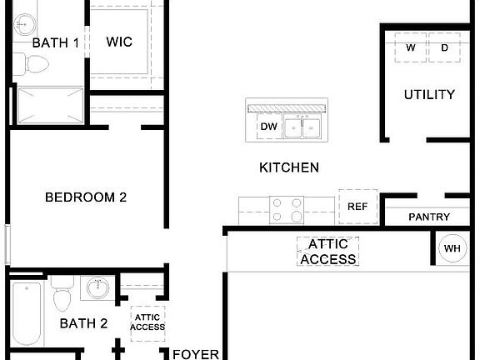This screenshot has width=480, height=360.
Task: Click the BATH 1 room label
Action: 55,42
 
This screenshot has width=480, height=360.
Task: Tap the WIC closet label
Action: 119,42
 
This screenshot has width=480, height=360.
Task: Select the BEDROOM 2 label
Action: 86,197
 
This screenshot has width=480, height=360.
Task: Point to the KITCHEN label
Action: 289,167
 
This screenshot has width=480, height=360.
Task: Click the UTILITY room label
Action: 429,95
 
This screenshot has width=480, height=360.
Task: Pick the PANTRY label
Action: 429,217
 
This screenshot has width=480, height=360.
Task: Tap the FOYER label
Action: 196,354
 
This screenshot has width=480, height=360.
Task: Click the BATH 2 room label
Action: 83,323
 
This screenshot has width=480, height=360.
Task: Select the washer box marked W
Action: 411,47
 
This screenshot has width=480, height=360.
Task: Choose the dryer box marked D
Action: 444,47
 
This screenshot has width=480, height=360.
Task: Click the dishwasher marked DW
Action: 269,127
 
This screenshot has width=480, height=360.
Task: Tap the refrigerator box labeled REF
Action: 357,207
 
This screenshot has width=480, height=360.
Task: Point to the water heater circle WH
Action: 452,248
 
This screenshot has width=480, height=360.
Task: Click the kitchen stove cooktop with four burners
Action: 287,210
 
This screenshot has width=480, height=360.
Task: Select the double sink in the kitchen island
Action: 302,127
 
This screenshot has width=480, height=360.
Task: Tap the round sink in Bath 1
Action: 24,24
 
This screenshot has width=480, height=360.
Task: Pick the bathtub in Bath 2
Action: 27,314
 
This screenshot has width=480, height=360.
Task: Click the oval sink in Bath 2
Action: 98,287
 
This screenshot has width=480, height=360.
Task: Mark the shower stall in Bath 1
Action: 51,106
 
